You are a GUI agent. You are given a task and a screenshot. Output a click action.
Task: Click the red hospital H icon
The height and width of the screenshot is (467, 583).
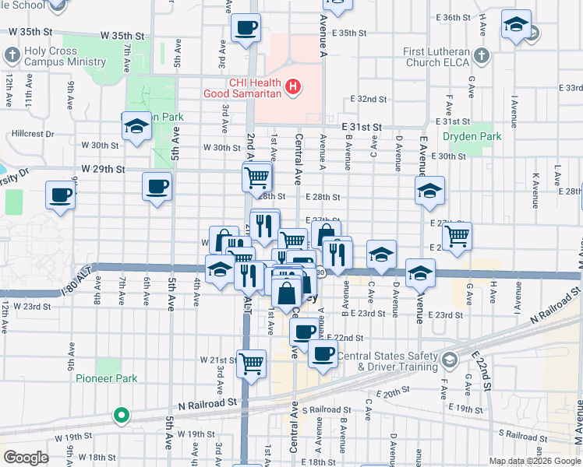(292, 86)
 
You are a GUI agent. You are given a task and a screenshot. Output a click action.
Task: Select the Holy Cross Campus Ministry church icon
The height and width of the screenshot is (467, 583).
(12, 55)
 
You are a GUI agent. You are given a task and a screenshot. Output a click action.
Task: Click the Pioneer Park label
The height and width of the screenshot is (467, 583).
(106, 378)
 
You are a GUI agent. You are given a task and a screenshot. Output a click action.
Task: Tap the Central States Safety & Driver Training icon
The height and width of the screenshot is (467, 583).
(450, 360)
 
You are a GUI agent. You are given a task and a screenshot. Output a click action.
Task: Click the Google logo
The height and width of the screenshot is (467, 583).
(26, 457)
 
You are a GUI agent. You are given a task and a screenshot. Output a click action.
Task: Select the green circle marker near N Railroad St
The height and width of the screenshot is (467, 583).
(120, 415)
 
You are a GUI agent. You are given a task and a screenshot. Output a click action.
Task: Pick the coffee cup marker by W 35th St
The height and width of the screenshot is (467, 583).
(246, 28)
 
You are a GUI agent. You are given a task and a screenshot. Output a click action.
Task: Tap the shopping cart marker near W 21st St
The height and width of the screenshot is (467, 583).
(251, 362)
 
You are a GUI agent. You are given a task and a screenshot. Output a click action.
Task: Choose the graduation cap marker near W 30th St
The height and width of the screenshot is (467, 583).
(136, 127)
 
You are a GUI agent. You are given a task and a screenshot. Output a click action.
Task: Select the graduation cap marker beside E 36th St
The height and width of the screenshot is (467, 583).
(516, 24)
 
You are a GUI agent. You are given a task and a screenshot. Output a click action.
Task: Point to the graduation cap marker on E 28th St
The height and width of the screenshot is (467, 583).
(429, 191)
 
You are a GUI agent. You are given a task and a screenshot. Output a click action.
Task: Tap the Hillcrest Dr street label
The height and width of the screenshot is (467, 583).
(33, 134)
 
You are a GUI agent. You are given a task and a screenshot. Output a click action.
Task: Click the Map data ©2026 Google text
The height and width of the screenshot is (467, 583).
(534, 461)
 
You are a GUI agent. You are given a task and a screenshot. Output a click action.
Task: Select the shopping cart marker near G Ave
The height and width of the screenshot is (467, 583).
(457, 235)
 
